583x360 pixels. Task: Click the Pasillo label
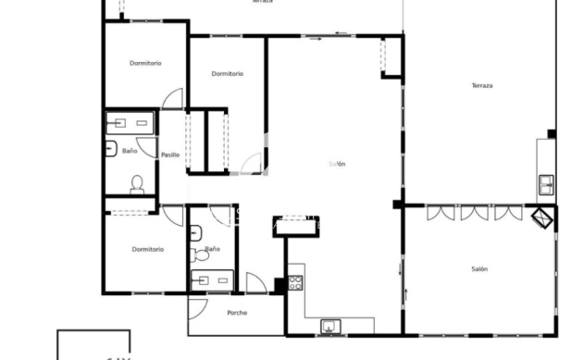pos(170,155)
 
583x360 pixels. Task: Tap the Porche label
pos(237,313)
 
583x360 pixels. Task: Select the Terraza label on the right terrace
pos(482,85)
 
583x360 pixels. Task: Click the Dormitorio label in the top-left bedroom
pos(145,63)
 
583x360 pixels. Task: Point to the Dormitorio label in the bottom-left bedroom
pos(147,249)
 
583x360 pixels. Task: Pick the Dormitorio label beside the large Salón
pos(227,74)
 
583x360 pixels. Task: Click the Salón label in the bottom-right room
pos(479,268)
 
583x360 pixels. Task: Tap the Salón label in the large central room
pos(337,165)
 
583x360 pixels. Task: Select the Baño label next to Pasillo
pos(129,150)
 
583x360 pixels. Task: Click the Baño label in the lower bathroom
pos(213,249)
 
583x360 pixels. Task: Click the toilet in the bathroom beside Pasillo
pos(137,183)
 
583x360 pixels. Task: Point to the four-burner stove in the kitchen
pos(295,279)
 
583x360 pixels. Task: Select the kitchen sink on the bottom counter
pos(329,326)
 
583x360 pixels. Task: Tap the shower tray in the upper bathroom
pos(129,122)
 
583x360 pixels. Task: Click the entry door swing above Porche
pos(256,283)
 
